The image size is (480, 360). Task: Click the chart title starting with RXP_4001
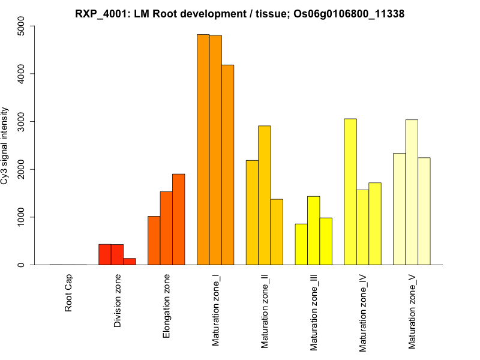tap(239, 14)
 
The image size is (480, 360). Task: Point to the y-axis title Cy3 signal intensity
tap(5, 145)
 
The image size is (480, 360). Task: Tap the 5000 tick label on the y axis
tap(22, 26)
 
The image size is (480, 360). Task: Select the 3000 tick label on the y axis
tap(22, 121)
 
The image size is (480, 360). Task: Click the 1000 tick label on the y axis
tap(22, 217)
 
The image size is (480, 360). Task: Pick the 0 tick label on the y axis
tap(22, 265)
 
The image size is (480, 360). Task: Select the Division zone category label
tap(118, 301)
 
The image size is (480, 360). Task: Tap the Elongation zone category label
tap(167, 306)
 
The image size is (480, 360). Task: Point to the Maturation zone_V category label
tap(413, 311)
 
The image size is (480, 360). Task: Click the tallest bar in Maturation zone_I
tap(203, 150)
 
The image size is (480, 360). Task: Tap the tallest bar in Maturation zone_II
tap(265, 195)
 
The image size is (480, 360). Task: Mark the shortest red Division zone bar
tap(130, 262)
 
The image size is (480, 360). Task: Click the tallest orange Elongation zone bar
tap(178, 220)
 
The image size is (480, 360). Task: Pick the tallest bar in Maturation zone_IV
tap(350, 192)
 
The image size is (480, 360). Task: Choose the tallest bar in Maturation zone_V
tap(412, 192)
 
